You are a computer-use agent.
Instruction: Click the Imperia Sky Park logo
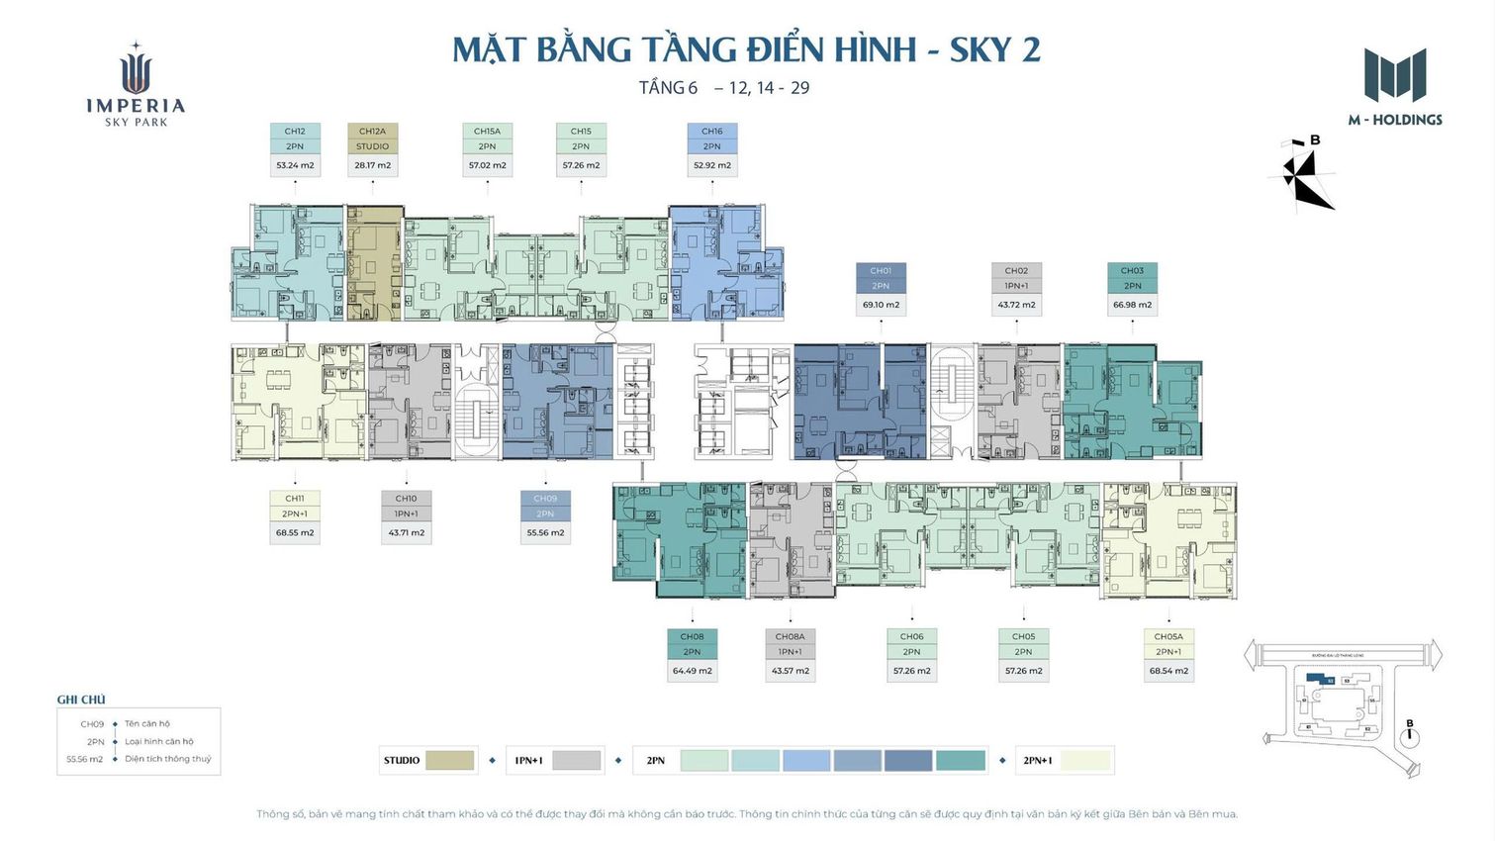tap(136, 86)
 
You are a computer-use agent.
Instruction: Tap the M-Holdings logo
tap(1395, 87)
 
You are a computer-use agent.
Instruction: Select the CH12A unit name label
tap(372, 131)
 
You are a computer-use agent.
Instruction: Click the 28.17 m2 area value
tap(372, 165)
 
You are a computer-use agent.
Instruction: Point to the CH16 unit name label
tap(712, 131)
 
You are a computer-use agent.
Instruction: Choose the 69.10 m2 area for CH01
tap(881, 305)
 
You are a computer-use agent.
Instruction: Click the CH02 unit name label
tap(1016, 270)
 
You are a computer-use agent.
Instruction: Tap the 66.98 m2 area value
tap(1132, 305)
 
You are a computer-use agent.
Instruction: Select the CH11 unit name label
tap(295, 499)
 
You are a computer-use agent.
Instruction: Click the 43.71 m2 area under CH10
tap(406, 533)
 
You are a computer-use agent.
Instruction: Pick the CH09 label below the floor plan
tap(545, 499)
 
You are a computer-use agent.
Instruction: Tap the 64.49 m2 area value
tap(692, 671)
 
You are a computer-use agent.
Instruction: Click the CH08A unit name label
tap(790, 636)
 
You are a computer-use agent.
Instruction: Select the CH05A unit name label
tap(1168, 636)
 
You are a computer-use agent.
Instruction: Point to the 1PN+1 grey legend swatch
tap(576, 760)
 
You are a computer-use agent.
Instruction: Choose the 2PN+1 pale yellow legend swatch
tap(1085, 760)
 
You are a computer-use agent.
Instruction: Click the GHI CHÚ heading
tap(81, 700)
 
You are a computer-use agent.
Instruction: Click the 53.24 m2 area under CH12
tap(295, 165)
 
